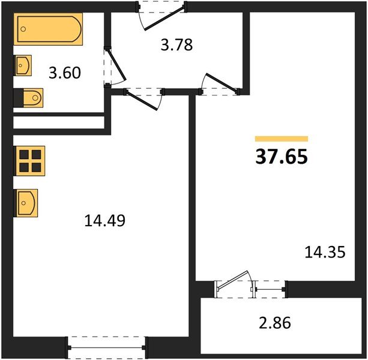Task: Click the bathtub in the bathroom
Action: pos(48,29)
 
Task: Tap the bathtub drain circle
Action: pos(23,29)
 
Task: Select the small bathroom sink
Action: pos(23,65)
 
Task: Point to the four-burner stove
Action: pos(29,161)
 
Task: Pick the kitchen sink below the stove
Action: pos(26,203)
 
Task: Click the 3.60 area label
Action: pos(65,73)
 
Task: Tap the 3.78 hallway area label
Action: pos(176,45)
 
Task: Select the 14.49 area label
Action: pos(104,221)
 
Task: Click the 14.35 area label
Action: pos(325,252)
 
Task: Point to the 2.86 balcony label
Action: pos(275,323)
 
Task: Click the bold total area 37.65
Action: pos(282,157)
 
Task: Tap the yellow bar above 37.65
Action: pos(282,139)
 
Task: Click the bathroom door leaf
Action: pos(117,64)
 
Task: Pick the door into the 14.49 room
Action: pos(141,100)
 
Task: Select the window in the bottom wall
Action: pos(107,347)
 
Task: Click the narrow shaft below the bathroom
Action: pos(59,122)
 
